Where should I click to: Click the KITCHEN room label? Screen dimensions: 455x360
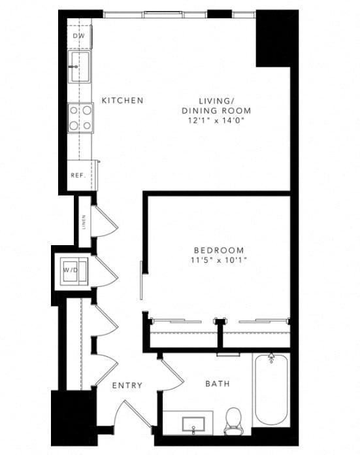122,101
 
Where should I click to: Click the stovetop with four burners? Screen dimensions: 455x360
80,118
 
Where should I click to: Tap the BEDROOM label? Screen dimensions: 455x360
219,250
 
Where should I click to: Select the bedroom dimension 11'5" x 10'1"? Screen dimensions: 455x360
219,260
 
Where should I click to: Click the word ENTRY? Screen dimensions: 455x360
127,386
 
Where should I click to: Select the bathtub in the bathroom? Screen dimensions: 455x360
270,389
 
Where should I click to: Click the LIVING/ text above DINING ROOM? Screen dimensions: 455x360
216,101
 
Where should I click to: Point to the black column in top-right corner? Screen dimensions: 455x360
272,38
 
